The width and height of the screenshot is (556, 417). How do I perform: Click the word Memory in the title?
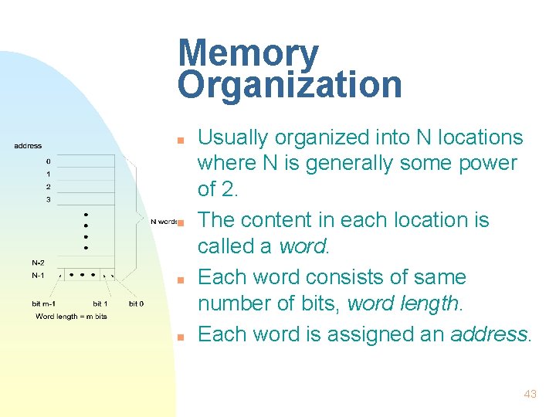(x=248, y=54)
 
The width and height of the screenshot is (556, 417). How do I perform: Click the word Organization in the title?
(x=290, y=84)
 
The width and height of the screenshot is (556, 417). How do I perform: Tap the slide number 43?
(x=530, y=394)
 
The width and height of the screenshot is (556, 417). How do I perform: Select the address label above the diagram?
(x=28, y=146)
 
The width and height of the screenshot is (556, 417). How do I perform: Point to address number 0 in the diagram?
(x=48, y=161)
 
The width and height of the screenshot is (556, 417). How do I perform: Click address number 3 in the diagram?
(x=48, y=199)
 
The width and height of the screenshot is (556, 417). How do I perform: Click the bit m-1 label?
(x=43, y=304)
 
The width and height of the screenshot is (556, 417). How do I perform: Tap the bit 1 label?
(x=100, y=304)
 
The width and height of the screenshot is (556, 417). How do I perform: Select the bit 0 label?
(x=136, y=304)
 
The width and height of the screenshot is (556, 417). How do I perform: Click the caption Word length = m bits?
(x=71, y=317)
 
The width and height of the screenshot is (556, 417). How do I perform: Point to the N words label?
(x=164, y=221)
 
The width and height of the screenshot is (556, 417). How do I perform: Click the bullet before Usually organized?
(x=178, y=140)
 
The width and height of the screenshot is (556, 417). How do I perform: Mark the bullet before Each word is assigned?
(x=178, y=337)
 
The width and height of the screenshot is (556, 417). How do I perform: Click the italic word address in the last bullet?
(x=490, y=334)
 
